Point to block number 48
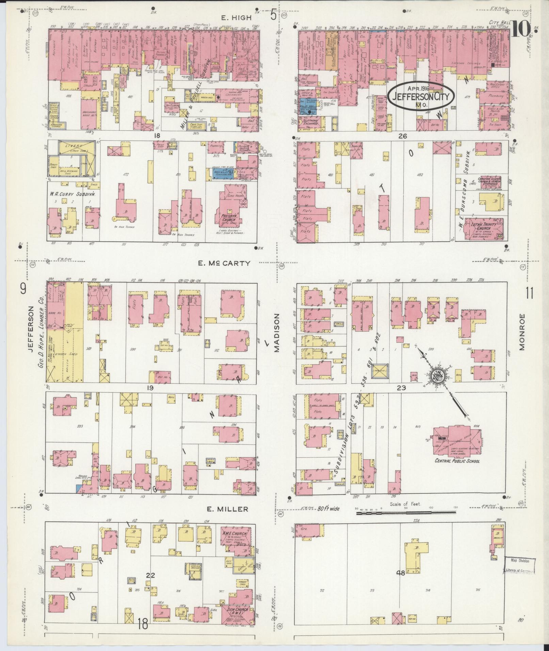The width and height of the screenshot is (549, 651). [x=401, y=573]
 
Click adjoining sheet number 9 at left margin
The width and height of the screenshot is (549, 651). [x=23, y=289]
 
